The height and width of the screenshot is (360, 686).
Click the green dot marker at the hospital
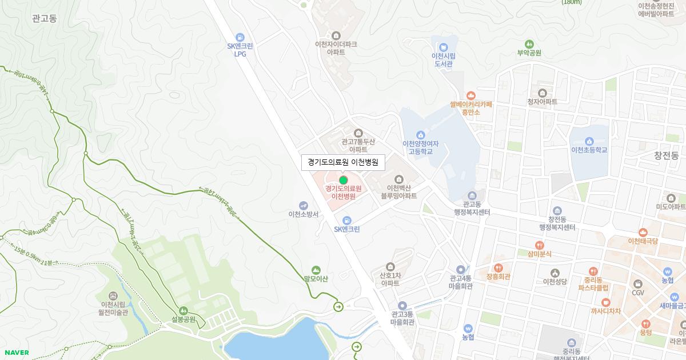[344, 180]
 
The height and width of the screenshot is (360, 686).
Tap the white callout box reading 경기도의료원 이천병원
[343, 162]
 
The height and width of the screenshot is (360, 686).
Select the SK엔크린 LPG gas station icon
[240, 37]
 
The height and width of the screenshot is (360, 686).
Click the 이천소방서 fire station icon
[304, 205]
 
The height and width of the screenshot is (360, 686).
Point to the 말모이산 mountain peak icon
[316, 270]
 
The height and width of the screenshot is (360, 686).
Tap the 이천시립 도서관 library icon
[444, 47]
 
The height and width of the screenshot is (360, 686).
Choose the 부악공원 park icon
[529, 43]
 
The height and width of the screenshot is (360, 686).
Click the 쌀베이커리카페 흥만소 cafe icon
[471, 95]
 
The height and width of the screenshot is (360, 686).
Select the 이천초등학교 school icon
[589, 141]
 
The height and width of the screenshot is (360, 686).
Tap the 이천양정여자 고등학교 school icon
[420, 134]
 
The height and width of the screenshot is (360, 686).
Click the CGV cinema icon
[638, 283]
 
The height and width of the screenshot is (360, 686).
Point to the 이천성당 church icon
[555, 273]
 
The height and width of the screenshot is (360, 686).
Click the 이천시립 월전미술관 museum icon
[113, 295]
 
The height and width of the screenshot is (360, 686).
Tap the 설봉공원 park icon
[184, 310]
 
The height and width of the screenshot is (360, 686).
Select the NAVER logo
[17, 353]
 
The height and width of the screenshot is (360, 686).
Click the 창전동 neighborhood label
[667, 155]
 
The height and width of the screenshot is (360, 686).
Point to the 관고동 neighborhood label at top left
[45, 19]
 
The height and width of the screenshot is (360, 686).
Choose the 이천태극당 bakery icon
[643, 232]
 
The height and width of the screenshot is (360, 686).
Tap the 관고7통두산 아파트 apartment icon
[358, 133]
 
